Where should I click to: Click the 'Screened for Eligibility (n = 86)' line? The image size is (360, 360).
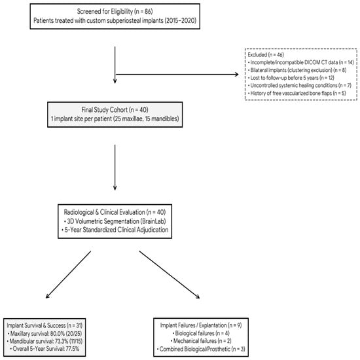pos(115,12)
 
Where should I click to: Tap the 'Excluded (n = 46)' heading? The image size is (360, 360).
pos(266,55)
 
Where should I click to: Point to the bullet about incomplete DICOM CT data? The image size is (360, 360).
pos(301,62)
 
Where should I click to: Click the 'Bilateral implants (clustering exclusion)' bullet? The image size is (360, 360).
pos(297,70)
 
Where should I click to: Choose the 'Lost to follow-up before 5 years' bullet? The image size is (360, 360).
pos(291,78)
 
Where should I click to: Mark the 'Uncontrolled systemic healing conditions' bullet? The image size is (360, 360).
pos(300,85)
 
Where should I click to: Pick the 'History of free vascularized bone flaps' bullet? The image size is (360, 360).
pos(297,93)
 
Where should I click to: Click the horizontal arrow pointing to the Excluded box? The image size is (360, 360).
pos(177,75)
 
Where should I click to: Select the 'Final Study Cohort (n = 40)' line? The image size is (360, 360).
pos(115,110)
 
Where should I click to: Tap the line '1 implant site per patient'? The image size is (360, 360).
pos(115,118)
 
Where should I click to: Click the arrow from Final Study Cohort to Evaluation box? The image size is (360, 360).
pos(115,168)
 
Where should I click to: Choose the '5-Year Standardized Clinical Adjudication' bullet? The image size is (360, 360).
pos(115,230)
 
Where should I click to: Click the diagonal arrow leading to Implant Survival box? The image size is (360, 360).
pos(69,275)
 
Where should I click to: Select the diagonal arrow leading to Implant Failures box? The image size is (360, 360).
pos(170,275)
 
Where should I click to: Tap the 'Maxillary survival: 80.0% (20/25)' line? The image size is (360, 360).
pos(45,333)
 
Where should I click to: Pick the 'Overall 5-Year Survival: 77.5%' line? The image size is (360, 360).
pos(45,349)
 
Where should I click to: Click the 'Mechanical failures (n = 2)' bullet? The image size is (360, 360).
pos(201,341)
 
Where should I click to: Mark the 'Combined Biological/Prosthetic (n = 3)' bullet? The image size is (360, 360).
pos(201,350)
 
